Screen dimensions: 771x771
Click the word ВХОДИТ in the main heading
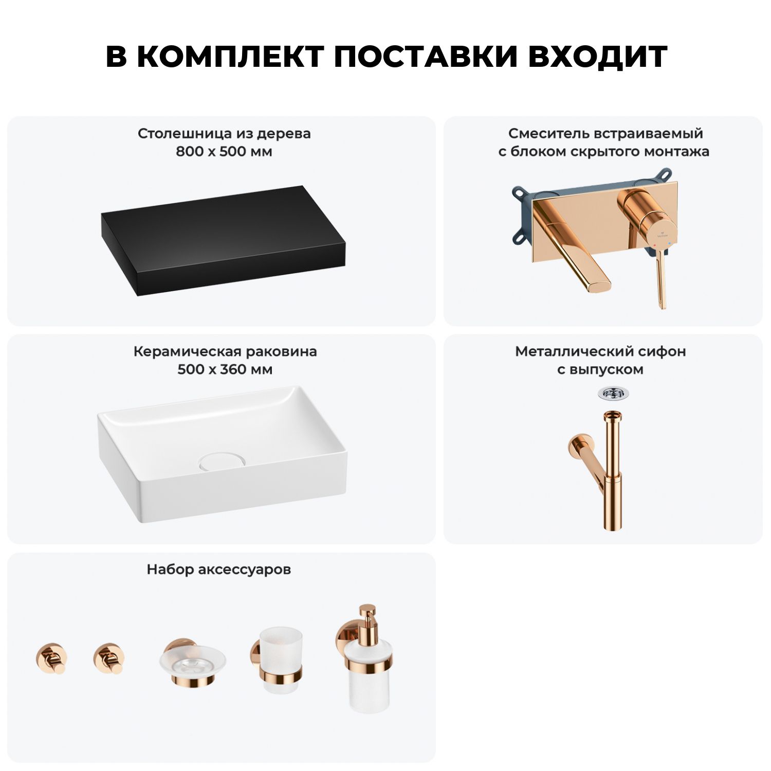click(597, 56)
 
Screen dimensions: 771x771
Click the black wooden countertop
click(224, 241)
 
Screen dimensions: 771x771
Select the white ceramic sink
click(222, 454)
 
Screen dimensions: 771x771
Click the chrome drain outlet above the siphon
click(613, 394)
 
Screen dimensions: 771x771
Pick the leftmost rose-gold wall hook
click(51, 658)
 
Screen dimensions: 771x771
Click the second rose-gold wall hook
click(108, 658)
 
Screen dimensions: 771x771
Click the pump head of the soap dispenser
click(367, 619)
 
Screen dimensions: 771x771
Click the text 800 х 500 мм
click(224, 152)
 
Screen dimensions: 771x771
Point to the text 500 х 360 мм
click(225, 370)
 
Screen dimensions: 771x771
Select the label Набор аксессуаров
click(219, 570)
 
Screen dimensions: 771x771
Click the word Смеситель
click(548, 134)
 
